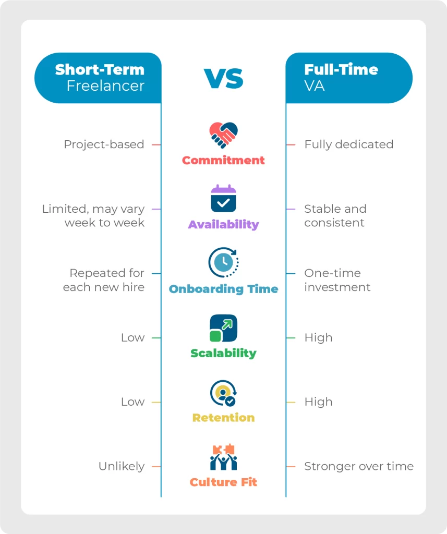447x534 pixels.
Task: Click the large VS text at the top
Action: point(223,78)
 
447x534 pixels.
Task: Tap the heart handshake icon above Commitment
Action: point(223,135)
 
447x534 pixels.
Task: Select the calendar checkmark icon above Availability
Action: point(223,199)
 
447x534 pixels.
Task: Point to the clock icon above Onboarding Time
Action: point(223,262)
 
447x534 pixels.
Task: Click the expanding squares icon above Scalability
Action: point(223,328)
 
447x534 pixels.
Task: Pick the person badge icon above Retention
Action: point(223,393)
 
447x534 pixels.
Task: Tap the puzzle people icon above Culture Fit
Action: point(223,457)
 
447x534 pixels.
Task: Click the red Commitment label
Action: point(223,160)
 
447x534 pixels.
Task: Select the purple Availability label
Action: point(223,224)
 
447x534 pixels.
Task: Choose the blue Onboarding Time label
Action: point(223,289)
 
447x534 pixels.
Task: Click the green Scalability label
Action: point(223,353)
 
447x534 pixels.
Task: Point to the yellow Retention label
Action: point(223,418)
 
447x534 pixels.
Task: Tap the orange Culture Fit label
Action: point(223,482)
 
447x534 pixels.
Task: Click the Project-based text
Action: point(104,144)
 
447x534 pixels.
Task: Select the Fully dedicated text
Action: point(349,144)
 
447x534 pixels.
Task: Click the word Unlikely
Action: point(122,466)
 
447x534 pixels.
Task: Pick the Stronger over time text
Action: point(359,466)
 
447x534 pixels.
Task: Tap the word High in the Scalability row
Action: point(319,337)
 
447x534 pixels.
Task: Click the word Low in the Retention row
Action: point(133,402)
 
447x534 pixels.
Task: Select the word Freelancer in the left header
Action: point(105,86)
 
